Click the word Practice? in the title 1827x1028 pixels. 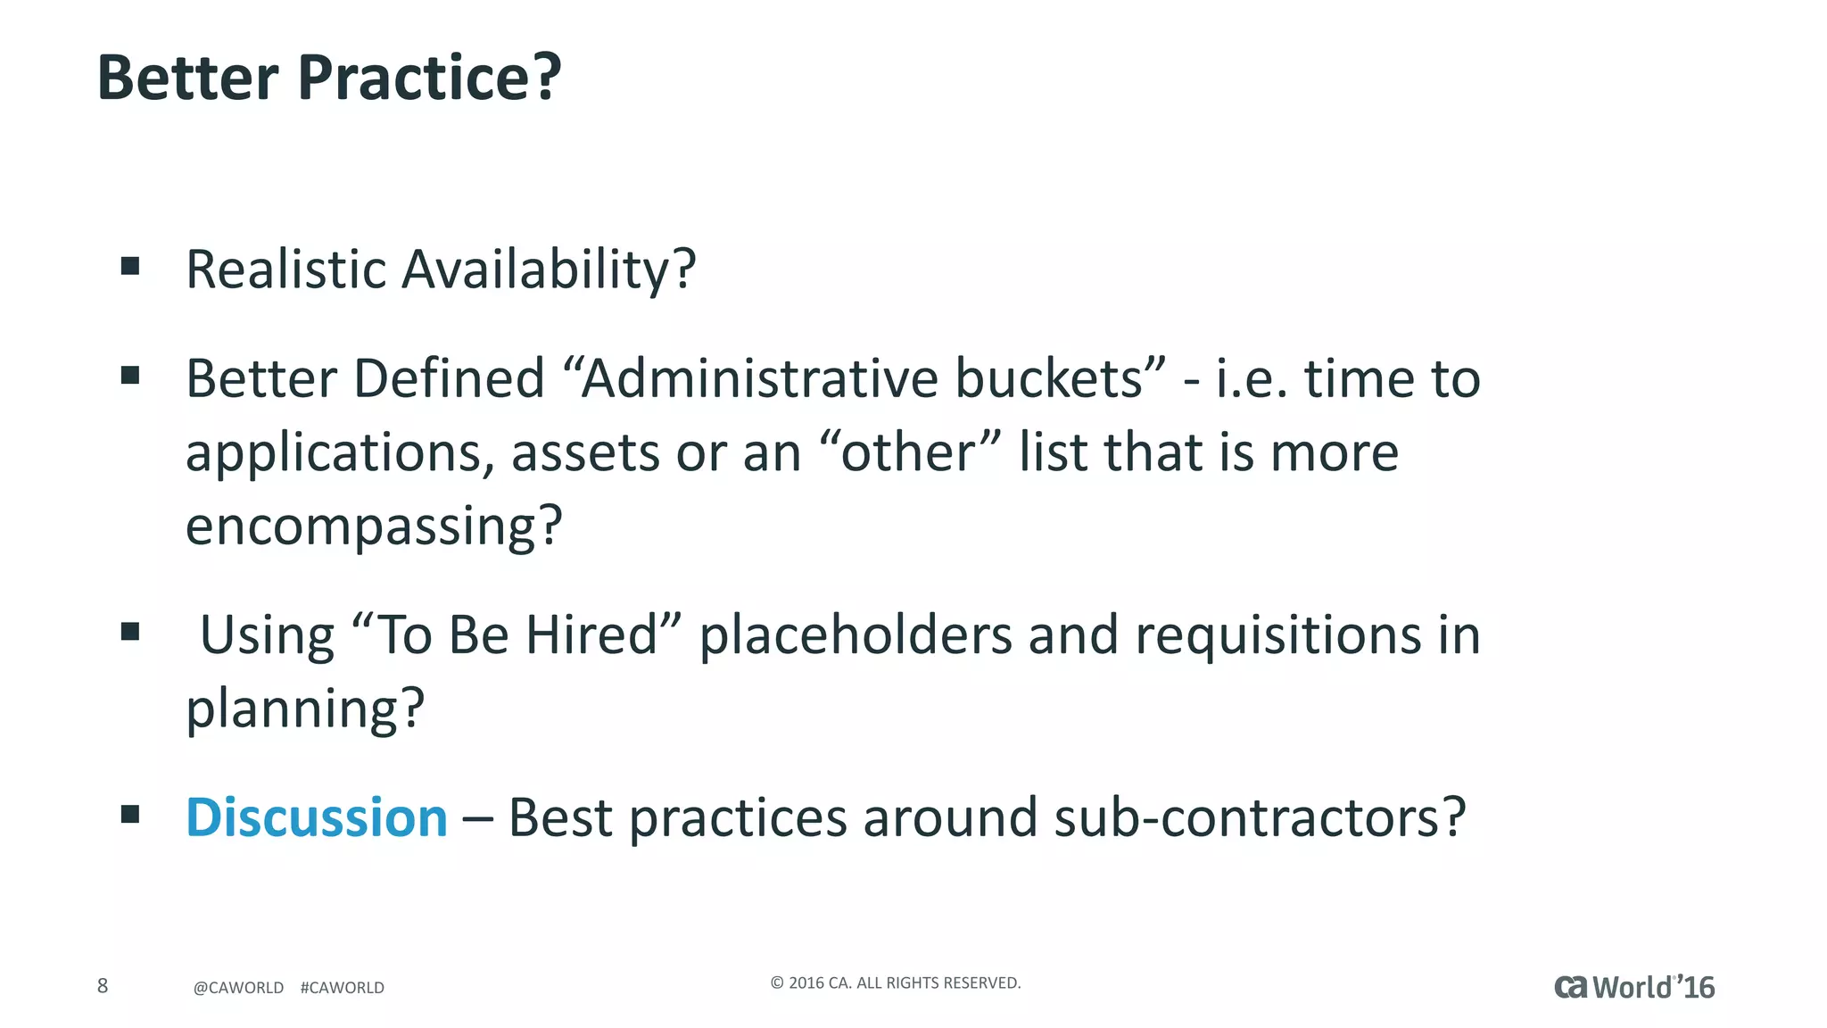tap(429, 79)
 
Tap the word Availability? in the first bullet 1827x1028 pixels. tap(549, 269)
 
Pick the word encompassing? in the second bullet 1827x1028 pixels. tap(374, 526)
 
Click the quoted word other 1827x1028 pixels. tap(907, 452)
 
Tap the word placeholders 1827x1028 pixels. tap(856, 635)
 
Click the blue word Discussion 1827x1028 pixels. tap(317, 817)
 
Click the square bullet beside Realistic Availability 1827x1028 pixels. tap(130, 266)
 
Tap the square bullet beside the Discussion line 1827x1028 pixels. tap(130, 814)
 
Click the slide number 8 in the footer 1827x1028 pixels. tap(103, 985)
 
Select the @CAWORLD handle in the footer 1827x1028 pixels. tap(238, 988)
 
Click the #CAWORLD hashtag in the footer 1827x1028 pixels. tap(343, 988)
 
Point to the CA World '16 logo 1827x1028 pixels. tap(1634, 987)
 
